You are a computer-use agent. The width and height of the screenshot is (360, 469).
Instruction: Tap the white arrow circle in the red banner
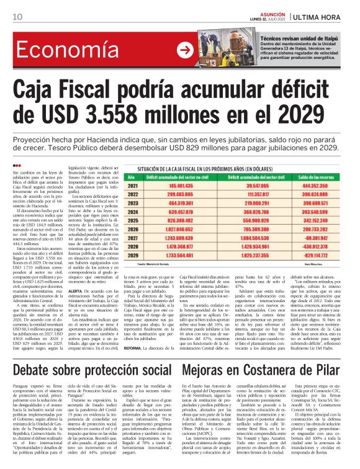pyautogui.click(x=184, y=50)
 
